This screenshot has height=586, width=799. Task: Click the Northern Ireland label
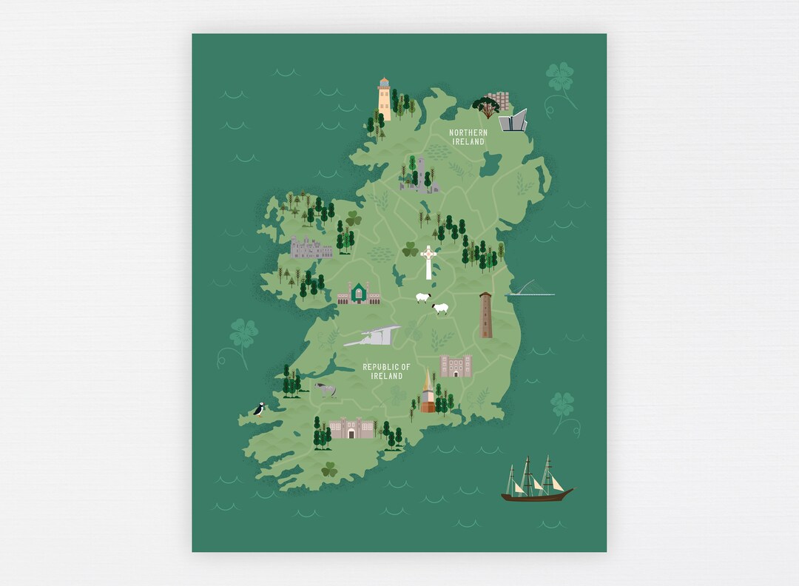coord(468,137)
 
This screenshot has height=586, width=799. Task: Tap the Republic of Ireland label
coord(386,371)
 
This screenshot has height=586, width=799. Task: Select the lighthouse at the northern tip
coord(384,99)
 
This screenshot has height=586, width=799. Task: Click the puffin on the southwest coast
coord(259,409)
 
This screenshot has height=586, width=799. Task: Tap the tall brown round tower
coord(485,315)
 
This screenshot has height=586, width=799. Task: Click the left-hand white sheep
coord(422,297)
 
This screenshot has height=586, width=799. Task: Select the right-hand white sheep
coord(441,308)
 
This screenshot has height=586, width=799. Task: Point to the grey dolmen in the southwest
coord(325,389)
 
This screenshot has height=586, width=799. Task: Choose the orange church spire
coord(427,392)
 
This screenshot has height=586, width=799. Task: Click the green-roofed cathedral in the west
coord(359,294)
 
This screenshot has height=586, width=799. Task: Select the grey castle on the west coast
coord(311,248)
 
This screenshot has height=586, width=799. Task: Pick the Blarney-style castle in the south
coord(351,428)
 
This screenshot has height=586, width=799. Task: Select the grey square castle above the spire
coord(455,366)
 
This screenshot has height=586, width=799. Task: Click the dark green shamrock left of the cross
coord(410,250)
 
